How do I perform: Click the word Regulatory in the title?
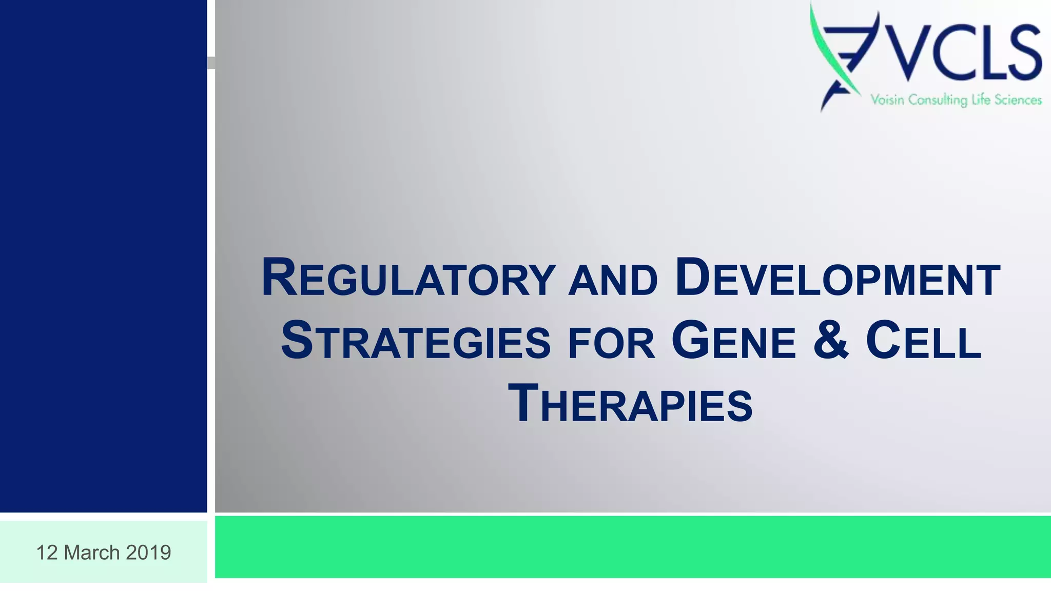point(408,279)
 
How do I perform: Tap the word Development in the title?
point(838,279)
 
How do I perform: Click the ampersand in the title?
point(831,340)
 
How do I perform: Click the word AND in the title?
point(613,281)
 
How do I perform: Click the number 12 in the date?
point(47,553)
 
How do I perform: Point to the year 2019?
point(148,553)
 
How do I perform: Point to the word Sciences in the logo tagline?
point(1018,100)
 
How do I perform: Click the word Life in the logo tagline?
point(981,100)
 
